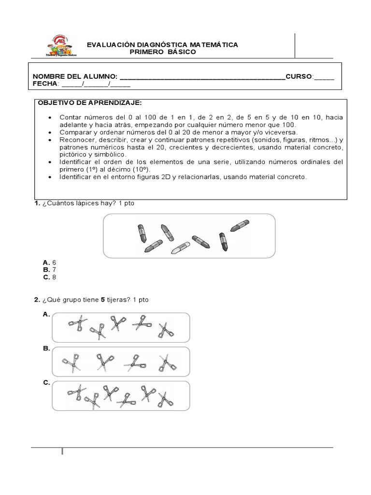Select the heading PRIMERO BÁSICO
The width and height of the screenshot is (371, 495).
point(162,52)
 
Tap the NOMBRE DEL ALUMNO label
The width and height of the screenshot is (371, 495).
point(75,77)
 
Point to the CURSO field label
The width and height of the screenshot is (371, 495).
point(299,77)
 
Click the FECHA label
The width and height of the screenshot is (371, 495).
point(44,84)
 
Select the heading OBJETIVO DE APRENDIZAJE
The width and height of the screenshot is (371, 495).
point(89,103)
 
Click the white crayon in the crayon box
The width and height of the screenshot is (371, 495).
point(181,247)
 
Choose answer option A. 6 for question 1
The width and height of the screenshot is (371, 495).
point(50,262)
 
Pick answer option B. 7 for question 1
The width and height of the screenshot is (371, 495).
point(50,269)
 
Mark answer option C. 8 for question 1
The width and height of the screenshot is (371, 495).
point(50,277)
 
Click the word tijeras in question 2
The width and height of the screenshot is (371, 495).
point(119,300)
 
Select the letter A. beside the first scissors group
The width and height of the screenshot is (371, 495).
point(46,314)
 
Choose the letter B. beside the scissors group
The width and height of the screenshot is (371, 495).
point(46,348)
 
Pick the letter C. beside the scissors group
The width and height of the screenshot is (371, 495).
point(46,382)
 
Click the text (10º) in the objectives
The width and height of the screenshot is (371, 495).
point(153,170)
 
